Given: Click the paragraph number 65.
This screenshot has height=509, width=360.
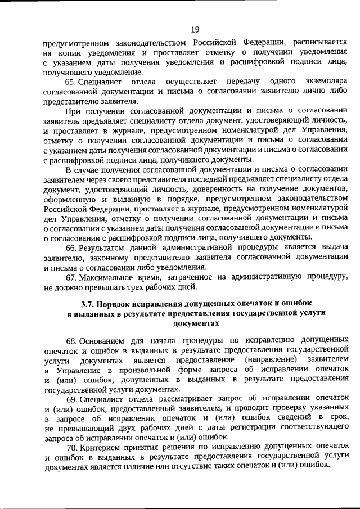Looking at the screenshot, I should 71,81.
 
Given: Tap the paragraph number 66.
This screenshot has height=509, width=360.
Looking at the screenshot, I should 71,247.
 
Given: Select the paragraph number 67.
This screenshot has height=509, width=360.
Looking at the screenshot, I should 71,277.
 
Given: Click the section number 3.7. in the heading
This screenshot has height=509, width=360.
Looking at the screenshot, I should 88,304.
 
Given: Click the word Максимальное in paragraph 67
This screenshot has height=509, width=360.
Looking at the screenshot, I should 106,277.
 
